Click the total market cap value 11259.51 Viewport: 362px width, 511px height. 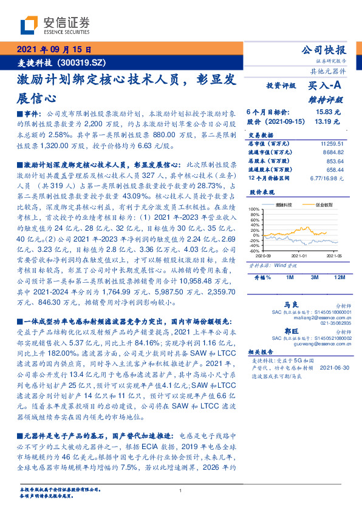tap(331, 143)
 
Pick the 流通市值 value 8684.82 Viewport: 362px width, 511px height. tap(333, 152)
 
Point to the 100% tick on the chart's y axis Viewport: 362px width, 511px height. tap(254, 209)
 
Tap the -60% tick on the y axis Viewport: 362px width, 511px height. tap(254, 250)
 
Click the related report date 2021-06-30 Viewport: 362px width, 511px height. tap(333, 368)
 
